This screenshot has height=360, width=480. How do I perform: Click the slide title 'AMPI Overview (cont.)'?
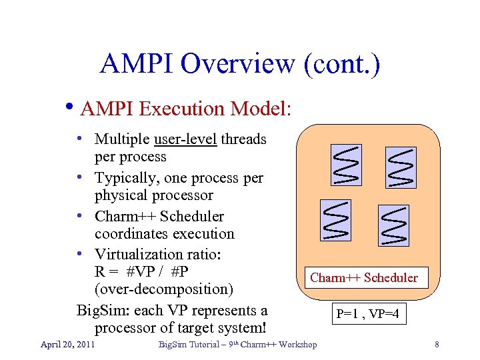coord(240,64)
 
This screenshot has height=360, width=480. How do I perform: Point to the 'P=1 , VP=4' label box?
coord(367,313)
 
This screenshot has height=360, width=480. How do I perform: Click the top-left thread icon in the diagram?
coord(347,166)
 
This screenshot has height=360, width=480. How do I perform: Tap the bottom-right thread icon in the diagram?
coord(393,225)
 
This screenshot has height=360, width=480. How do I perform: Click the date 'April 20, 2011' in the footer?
coord(67,344)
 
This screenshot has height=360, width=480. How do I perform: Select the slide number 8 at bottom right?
coord(436,345)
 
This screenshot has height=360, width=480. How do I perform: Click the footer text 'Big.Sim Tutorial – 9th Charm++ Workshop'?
coord(237,344)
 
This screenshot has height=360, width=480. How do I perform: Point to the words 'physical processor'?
coord(153,195)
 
